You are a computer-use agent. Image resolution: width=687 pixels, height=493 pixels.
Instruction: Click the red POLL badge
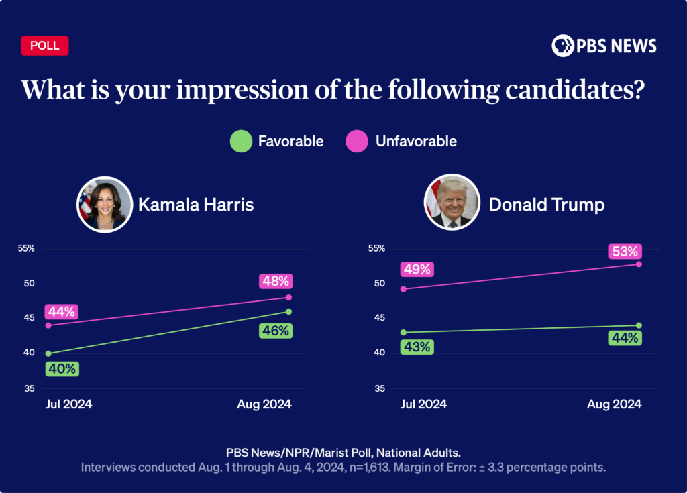[x=45, y=46]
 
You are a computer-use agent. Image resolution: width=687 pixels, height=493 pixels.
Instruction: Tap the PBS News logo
[x=604, y=46]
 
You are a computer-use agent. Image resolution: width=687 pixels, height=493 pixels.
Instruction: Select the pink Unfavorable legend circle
[x=356, y=141]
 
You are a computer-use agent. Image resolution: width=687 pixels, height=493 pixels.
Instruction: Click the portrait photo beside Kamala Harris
[x=105, y=205]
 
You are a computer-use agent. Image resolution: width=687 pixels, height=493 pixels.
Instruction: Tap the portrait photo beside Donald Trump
[x=452, y=205]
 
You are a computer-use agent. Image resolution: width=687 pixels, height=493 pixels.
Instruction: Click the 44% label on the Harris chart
[x=62, y=312]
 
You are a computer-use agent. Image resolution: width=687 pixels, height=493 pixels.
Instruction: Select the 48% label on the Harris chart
[x=276, y=282]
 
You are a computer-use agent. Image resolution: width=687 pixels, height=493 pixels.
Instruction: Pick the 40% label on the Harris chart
[x=62, y=369]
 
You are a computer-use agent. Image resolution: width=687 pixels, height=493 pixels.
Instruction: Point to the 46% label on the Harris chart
[x=276, y=331]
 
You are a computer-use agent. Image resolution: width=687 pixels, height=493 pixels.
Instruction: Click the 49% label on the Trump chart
[x=417, y=270]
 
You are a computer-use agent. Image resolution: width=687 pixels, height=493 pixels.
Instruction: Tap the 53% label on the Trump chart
[x=625, y=252]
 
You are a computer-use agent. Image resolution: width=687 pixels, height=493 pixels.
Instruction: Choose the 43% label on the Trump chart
[x=417, y=347]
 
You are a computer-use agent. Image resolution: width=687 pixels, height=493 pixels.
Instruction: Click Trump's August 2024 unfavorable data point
[x=639, y=264]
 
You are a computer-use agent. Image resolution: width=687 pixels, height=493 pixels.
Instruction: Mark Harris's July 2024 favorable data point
[x=48, y=353]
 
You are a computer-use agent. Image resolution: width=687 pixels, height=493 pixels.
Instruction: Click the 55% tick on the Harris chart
[x=26, y=248]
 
